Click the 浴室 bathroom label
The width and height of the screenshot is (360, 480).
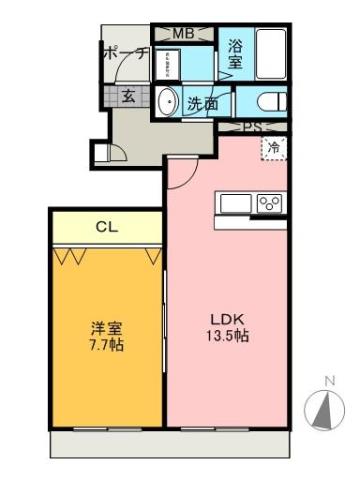(x=236, y=53)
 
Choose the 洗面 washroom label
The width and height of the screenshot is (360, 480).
(x=204, y=102)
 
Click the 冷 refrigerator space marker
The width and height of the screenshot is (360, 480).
(x=273, y=147)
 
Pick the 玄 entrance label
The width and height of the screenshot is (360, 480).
(x=129, y=97)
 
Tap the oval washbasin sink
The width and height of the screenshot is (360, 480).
(x=167, y=101)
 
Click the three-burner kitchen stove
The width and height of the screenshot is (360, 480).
(x=268, y=203)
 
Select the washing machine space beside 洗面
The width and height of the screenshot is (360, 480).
(x=167, y=63)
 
